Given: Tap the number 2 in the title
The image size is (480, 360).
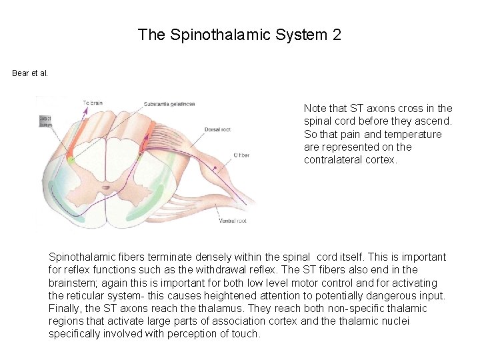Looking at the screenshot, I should click(337, 35).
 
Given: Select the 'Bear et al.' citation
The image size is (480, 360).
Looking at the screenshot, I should click(30, 73).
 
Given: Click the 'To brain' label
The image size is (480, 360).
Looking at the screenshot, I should click(93, 103).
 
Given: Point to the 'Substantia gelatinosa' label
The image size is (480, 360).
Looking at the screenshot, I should click(169, 103).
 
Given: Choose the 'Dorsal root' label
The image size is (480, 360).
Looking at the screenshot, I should click(217, 129).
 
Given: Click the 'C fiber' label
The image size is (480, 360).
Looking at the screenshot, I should click(242, 155).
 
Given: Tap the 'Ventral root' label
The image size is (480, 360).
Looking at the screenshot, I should click(233, 221).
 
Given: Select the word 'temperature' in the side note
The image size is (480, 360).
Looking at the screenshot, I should click(415, 134).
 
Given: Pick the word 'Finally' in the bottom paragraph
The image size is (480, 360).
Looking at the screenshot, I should click(65, 309).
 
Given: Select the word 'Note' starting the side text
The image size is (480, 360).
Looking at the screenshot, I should click(315, 108).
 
